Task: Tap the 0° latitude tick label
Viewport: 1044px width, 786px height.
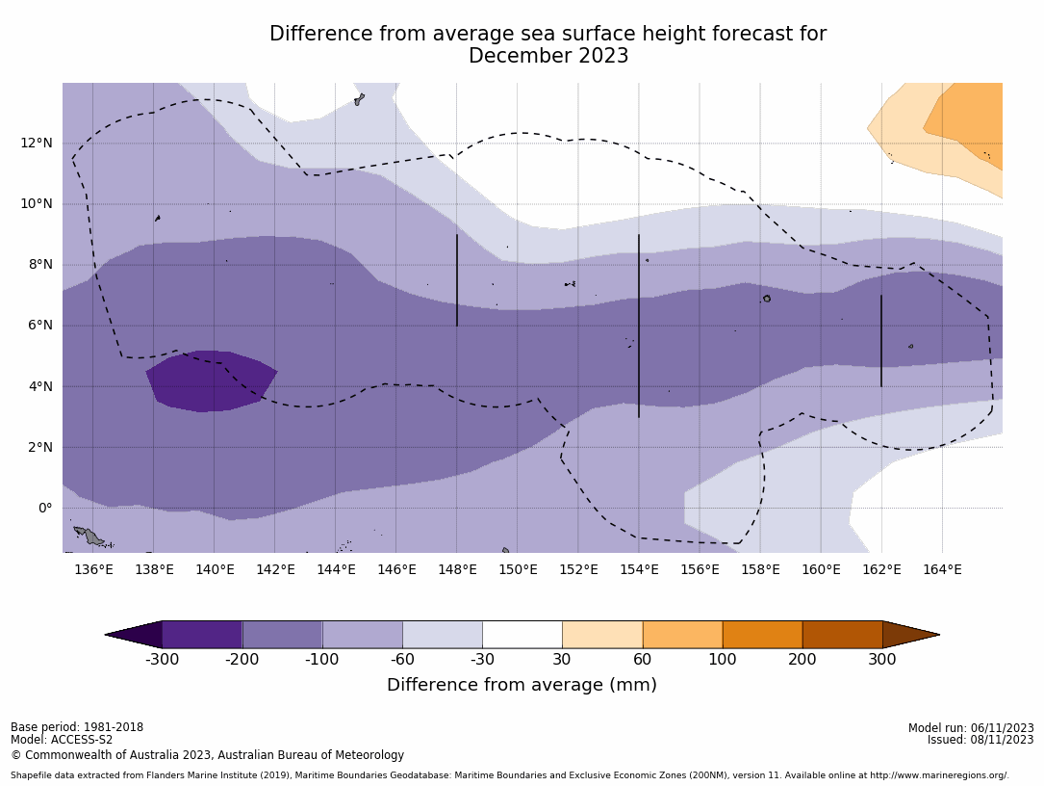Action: tap(45, 509)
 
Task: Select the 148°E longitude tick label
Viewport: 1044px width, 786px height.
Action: tap(457, 569)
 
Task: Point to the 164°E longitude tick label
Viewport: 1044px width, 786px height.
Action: tap(942, 569)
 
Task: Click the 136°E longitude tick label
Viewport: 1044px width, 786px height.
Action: tap(93, 569)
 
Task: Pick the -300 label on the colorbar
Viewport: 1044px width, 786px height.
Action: tap(162, 660)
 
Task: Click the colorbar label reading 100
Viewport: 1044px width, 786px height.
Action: tap(722, 660)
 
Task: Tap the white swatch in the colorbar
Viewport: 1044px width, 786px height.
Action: tap(522, 635)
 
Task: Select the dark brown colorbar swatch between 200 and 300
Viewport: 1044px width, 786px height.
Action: tap(842, 635)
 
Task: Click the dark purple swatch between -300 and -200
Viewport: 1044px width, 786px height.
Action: tap(202, 635)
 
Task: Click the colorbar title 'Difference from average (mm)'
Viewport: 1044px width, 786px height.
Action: tap(522, 685)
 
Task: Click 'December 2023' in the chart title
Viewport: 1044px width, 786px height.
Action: tap(548, 57)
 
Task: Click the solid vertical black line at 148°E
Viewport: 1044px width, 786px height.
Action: tap(457, 279)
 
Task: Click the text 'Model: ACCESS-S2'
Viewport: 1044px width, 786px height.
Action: tap(62, 741)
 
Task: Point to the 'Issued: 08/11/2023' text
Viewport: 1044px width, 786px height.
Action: tap(980, 740)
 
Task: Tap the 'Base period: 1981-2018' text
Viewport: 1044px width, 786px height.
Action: tap(77, 727)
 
